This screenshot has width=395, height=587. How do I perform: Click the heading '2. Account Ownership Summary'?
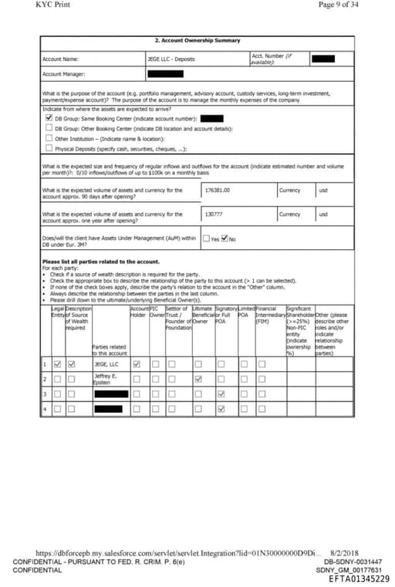pos(197,41)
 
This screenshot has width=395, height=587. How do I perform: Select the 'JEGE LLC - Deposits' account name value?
pos(171,59)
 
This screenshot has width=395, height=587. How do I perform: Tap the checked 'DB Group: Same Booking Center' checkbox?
pos(49,119)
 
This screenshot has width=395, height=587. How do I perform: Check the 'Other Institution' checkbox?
pos(49,139)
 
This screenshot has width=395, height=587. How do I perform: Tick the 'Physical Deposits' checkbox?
pos(49,148)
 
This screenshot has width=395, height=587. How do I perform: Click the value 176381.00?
pos(218,190)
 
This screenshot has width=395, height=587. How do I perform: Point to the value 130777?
pos(214,214)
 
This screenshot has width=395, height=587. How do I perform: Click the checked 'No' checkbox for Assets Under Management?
pos(225,238)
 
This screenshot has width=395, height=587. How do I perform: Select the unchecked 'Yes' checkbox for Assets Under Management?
pos(205,238)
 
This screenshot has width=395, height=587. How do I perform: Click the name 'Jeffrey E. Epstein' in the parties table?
pos(106,378)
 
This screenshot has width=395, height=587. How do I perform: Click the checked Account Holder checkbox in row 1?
pos(137,363)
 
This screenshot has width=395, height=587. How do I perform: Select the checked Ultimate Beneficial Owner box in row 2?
pos(198,379)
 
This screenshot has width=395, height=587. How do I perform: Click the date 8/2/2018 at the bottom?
pos(345,553)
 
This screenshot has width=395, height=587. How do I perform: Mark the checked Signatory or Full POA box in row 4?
pos(221,408)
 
